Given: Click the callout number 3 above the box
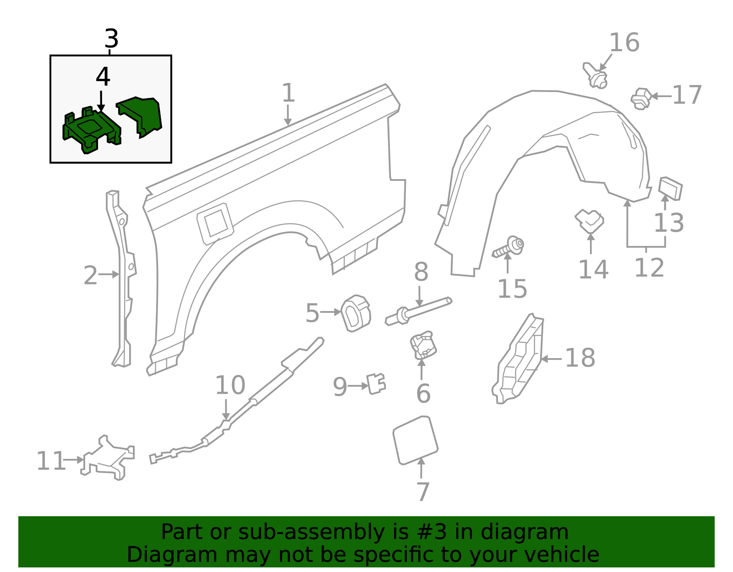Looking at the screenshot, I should [111, 39].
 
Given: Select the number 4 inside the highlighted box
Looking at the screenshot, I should [103, 77].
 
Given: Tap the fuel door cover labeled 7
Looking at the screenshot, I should [415, 440].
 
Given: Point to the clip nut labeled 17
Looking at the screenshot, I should [641, 98].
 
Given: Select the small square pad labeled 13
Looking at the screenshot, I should [670, 188].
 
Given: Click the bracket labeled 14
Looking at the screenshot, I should [590, 221].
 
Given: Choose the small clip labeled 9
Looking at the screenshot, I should [376, 384].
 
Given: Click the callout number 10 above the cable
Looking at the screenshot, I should [230, 385].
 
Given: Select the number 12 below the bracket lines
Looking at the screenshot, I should [649, 268].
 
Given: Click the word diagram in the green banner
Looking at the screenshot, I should [534, 532].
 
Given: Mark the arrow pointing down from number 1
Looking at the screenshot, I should [287, 115].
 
